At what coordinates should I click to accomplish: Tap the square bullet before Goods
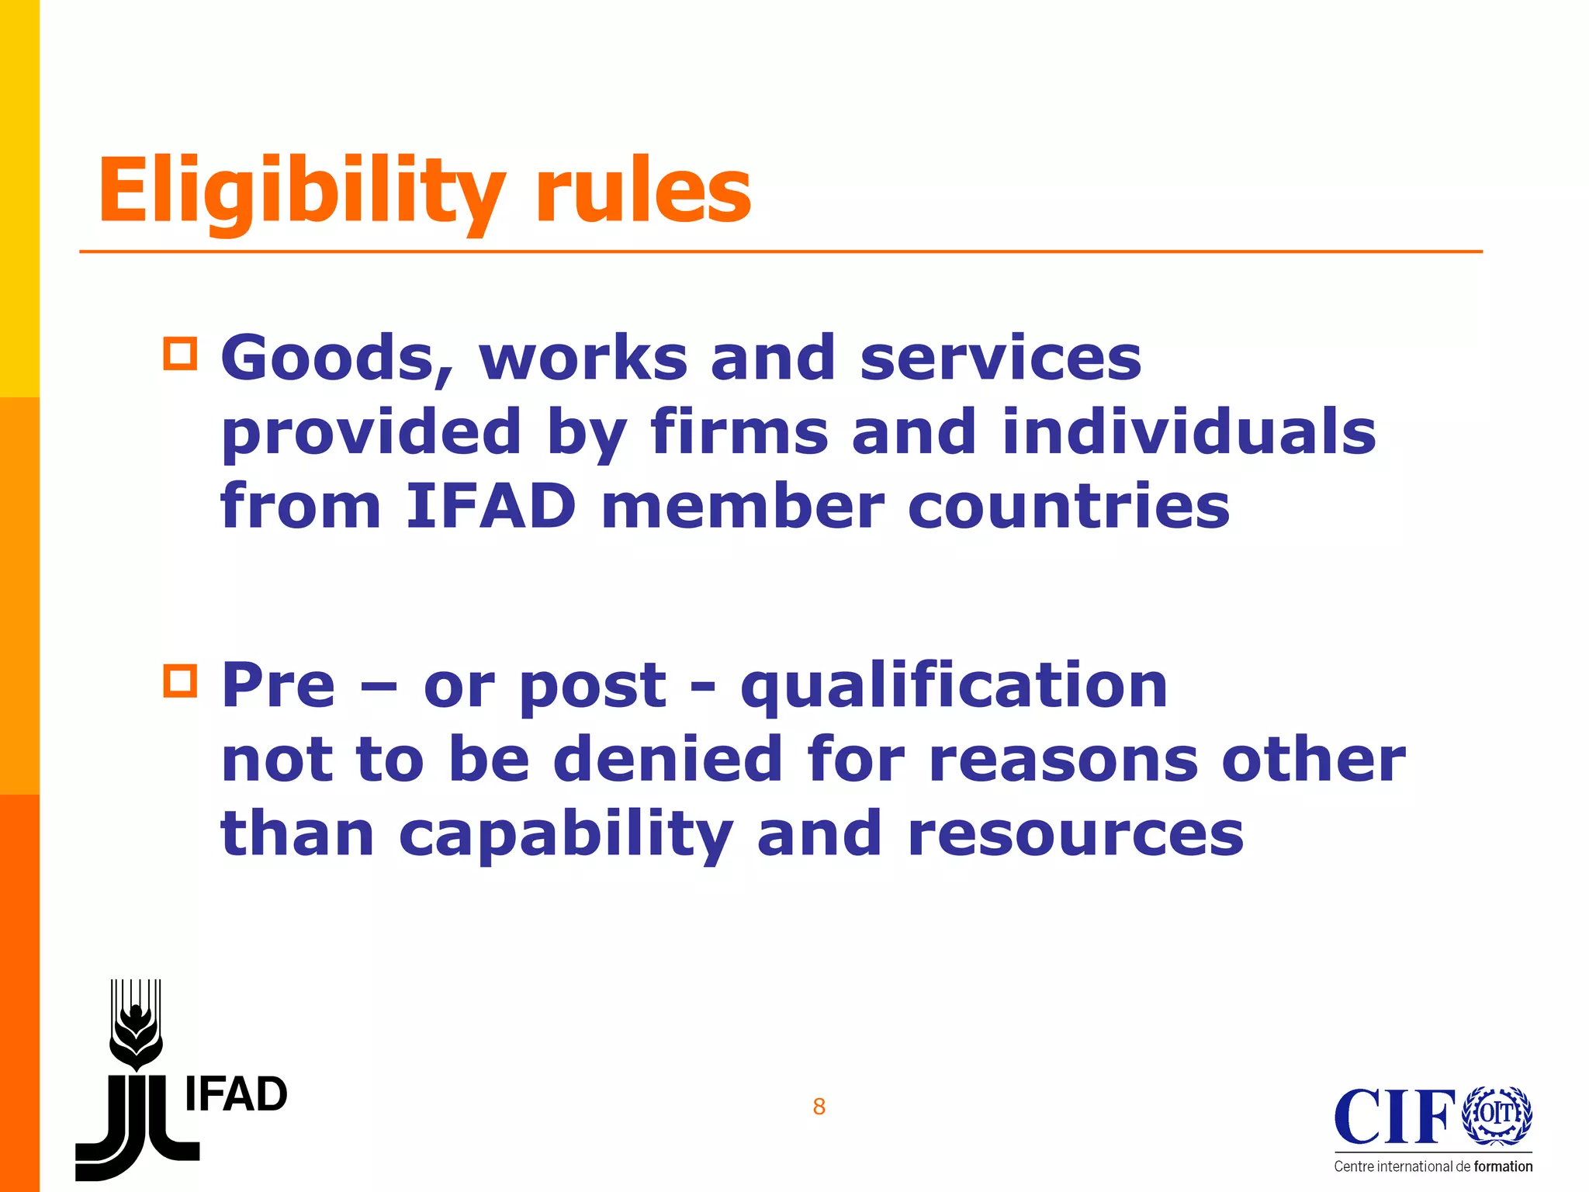[180, 354]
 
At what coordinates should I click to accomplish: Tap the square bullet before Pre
[180, 681]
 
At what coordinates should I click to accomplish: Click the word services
[1001, 359]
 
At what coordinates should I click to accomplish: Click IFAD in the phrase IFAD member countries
[490, 506]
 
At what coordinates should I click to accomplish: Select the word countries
[1068, 506]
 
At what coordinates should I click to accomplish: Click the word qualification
[954, 686]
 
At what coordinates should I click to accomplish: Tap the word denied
[667, 759]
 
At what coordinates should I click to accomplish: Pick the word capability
[566, 835]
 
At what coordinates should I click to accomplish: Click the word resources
[1075, 835]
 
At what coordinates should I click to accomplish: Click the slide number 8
[819, 1107]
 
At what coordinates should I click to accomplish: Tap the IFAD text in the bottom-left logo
[236, 1095]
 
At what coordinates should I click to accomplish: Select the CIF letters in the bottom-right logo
[1394, 1117]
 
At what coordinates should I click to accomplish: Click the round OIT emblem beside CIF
[1497, 1115]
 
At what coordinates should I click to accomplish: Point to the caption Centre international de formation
[1433, 1166]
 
